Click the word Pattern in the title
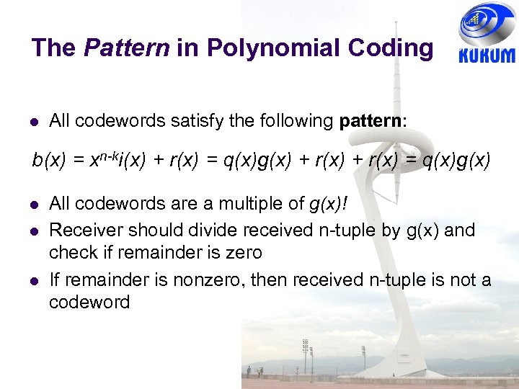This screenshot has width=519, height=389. point(126,48)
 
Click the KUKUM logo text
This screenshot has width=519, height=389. point(487,55)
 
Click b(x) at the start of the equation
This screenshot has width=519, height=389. point(49,161)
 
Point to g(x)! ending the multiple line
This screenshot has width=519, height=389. point(328,204)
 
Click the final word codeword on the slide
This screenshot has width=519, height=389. point(89,302)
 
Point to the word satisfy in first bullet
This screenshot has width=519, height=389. point(198,120)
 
